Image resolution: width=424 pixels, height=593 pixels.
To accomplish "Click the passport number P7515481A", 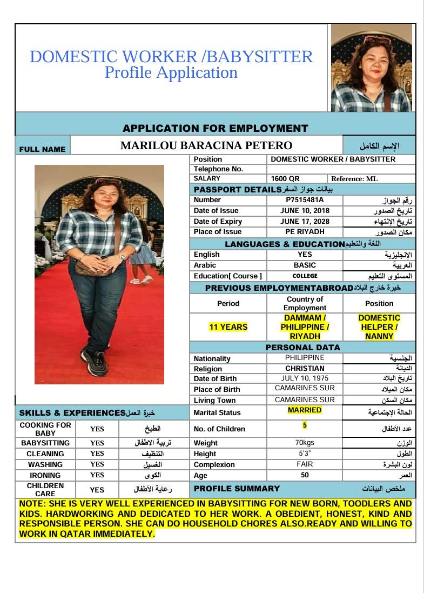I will tap(305, 200).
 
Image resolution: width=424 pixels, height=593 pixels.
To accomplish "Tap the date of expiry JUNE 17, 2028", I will tap(305, 222).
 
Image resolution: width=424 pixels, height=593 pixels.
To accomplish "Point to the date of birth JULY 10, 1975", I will tap(305, 378).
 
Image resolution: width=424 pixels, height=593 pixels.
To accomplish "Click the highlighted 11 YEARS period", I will tap(228, 327).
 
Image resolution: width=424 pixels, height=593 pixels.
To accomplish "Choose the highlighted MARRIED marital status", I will tap(305, 410).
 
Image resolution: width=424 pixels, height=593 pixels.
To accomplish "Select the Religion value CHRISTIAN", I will tap(305, 369).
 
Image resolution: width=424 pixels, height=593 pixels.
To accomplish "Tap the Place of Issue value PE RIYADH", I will tap(305, 232).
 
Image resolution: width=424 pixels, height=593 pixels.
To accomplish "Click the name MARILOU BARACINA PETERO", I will tap(206, 145).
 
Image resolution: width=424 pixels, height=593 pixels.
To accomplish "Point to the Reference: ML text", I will tap(354, 179).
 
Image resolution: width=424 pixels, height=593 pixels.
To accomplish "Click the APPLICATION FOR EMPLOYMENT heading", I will tap(215, 129).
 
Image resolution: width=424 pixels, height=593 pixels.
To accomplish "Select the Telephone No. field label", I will tap(218, 169).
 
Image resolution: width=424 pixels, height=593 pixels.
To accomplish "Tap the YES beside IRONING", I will tap(97, 475).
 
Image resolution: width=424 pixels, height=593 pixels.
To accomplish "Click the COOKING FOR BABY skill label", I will tap(45, 429).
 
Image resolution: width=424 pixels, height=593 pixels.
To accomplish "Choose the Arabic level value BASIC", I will tap(305, 265).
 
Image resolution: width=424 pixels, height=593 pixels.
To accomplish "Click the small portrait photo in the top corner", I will tap(371, 68).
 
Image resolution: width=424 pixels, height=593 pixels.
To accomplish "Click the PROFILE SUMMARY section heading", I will tap(237, 489).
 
